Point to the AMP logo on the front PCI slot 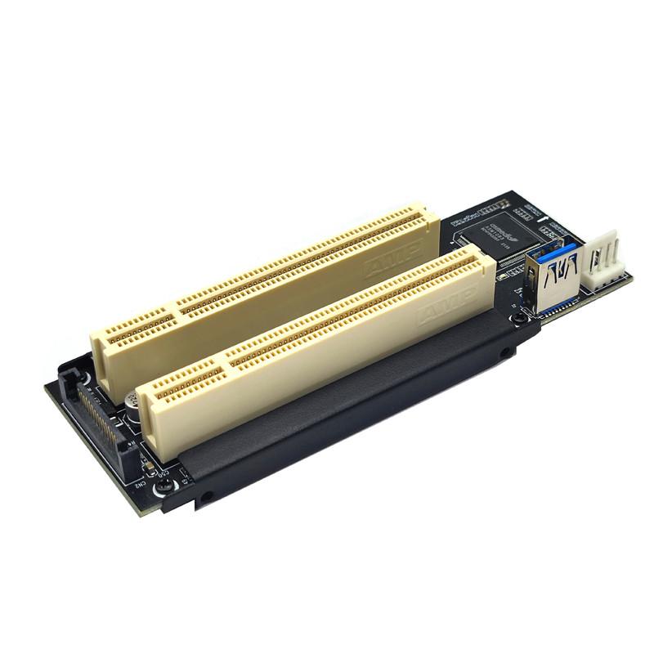point(446,307)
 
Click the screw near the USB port point(517,316)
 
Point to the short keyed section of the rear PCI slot point(135,335)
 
